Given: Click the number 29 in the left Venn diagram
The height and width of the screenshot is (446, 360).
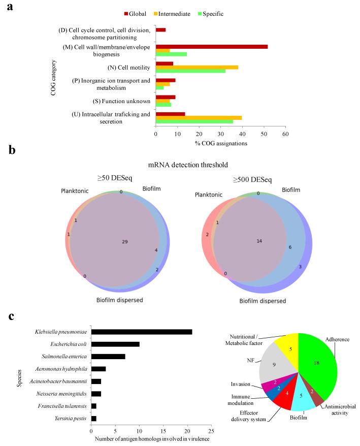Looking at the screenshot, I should (124, 242).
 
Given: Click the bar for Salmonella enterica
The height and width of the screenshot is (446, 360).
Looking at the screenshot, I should (108, 357).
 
